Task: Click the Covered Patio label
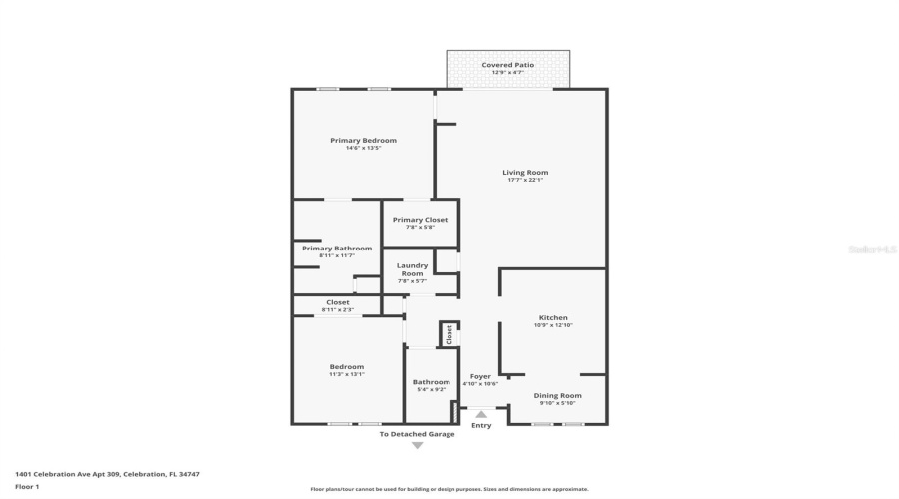click(507, 65)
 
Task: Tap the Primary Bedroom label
click(363, 141)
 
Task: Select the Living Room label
click(524, 173)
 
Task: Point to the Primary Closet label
click(420, 220)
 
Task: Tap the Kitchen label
click(552, 318)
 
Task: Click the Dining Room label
click(557, 396)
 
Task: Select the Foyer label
click(480, 376)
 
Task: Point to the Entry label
click(481, 426)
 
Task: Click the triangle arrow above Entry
click(481, 413)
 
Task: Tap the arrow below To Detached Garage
click(417, 445)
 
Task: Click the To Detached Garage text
click(417, 434)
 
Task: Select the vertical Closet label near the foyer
click(449, 333)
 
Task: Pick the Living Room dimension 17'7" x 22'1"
click(524, 180)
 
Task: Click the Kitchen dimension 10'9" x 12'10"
click(552, 325)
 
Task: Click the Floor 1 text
click(27, 487)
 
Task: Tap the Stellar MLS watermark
click(872, 249)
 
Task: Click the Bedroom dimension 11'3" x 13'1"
click(347, 374)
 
